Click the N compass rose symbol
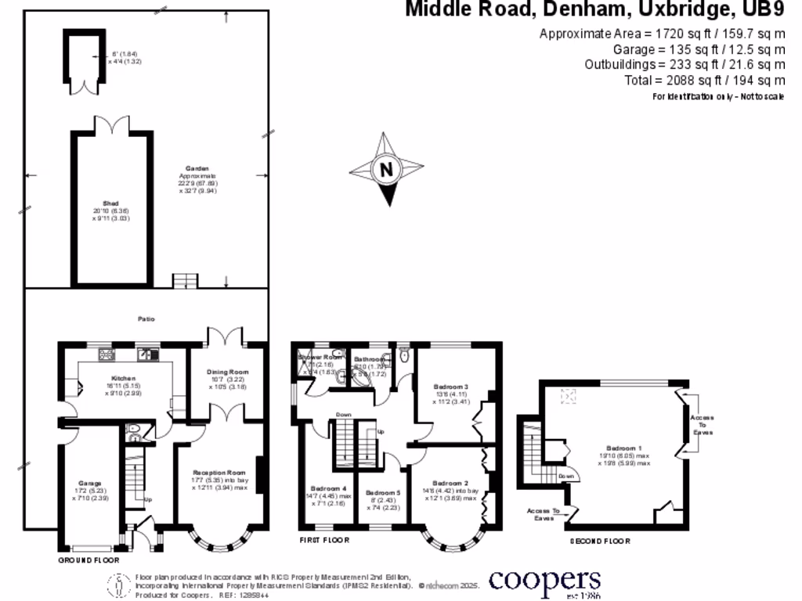pos(385,170)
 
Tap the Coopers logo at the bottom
pos(545,581)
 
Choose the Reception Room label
pos(219,473)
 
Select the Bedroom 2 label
pos(450,483)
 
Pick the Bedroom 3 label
pos(450,387)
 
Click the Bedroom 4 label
pos(328,488)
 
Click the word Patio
pos(146,319)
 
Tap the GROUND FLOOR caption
pos(89,561)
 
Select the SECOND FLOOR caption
pos(599,541)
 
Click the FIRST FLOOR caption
pos(323,540)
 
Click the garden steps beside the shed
pos(182,281)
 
